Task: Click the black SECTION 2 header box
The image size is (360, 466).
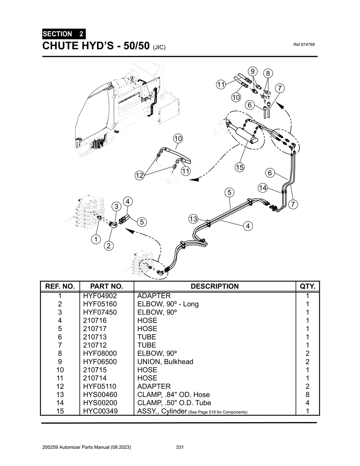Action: tap(63, 34)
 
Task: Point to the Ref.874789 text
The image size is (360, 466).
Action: tap(303, 45)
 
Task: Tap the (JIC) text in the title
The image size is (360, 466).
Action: tap(159, 47)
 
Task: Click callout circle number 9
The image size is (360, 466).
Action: tap(252, 71)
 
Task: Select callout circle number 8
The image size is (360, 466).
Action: tap(268, 73)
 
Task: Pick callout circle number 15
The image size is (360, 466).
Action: tap(240, 168)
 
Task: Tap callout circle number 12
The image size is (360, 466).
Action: tap(140, 175)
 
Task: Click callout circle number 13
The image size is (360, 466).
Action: tap(193, 219)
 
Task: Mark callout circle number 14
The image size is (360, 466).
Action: tap(263, 188)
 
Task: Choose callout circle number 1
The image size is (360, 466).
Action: tap(95, 240)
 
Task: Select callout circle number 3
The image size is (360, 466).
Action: tap(116, 207)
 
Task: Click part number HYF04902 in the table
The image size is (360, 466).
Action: tap(100, 296)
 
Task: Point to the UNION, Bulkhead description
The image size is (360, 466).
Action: tap(165, 362)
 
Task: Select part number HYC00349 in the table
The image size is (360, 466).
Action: tap(100, 411)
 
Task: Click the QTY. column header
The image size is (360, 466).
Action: tap(308, 286)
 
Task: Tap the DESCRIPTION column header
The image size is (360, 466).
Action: tap(214, 286)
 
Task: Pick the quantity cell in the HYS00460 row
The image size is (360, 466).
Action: tap(308, 395)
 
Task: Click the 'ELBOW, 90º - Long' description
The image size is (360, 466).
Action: tap(168, 304)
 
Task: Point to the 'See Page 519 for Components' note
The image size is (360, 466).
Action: tap(218, 412)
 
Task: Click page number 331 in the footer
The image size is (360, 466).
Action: tap(180, 447)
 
